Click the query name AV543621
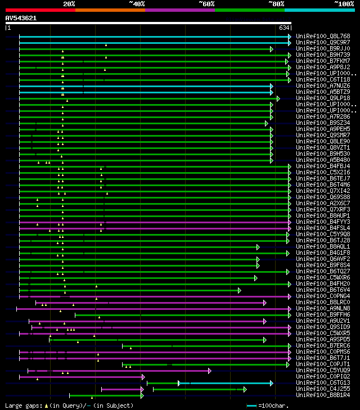pos(21,18)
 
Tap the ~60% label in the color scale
pos(206,4)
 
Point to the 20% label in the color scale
pos(69,4)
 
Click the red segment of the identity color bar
pos(40,10)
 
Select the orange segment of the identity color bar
pos(110,10)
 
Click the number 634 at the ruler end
pos(283,28)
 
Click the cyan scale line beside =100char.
pos(251,406)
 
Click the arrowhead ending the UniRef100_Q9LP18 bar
pos(278,98)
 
